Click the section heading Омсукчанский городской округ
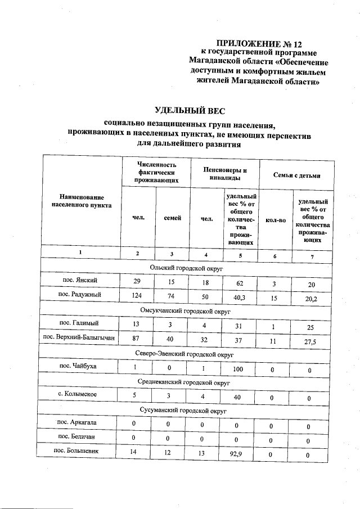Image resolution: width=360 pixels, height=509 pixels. tap(186, 310)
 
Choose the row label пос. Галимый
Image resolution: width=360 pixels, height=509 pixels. tap(81, 323)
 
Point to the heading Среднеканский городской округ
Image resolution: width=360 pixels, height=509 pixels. tap(186, 381)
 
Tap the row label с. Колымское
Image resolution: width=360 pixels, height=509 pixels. tap(81, 394)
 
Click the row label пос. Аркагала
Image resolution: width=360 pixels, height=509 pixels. tap(81, 422)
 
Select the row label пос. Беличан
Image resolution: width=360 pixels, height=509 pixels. tap(81, 437)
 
